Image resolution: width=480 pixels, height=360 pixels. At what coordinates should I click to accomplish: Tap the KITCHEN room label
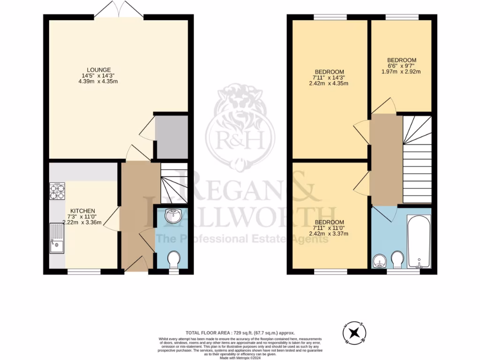83,211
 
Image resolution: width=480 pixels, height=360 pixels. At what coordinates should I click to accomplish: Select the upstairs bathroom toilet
397,259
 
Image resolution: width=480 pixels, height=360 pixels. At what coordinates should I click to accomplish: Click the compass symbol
355,333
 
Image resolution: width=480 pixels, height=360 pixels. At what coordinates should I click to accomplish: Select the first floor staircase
417,159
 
